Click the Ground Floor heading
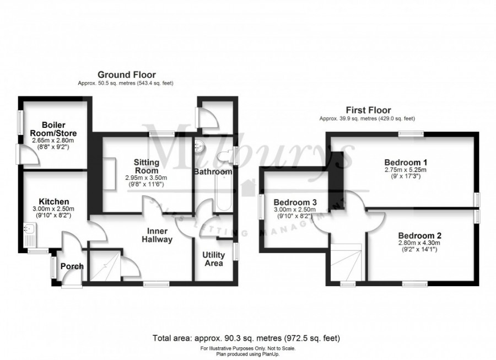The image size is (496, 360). pos(126,74)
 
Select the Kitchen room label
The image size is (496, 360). pos(53,201)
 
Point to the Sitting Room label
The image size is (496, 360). pos(147,166)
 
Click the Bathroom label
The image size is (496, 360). pos(212,172)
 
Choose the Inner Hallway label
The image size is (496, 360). pos(159,235)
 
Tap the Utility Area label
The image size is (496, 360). pos(213,259)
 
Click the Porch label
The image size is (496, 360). pos(72,266)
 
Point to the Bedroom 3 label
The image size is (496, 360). pos(295,201)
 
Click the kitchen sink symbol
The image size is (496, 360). pos(29,235)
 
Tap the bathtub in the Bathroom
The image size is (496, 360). pos(224,194)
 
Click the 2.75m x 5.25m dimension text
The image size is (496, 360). pos(406,170)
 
